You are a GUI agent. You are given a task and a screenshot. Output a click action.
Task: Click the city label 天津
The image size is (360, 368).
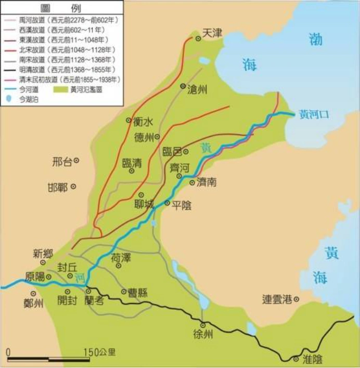[x=212, y=33]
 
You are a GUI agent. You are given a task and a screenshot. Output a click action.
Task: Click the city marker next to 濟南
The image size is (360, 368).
[x=192, y=182]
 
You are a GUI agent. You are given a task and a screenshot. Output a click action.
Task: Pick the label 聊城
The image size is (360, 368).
[x=144, y=204]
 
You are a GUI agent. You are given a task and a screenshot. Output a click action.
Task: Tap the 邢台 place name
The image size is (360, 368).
[x=62, y=162]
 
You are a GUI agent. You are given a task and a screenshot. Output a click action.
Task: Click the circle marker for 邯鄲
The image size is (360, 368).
[x=74, y=186]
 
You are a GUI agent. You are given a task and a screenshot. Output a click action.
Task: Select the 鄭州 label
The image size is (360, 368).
[x=34, y=303]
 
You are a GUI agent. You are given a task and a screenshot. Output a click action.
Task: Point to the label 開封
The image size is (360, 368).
[x=69, y=300]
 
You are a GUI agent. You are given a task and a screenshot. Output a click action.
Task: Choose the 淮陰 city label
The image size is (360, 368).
[x=312, y=359]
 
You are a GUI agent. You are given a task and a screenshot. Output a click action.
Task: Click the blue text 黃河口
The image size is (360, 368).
[x=315, y=114]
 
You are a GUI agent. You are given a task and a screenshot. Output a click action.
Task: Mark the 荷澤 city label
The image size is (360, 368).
[x=121, y=257]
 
